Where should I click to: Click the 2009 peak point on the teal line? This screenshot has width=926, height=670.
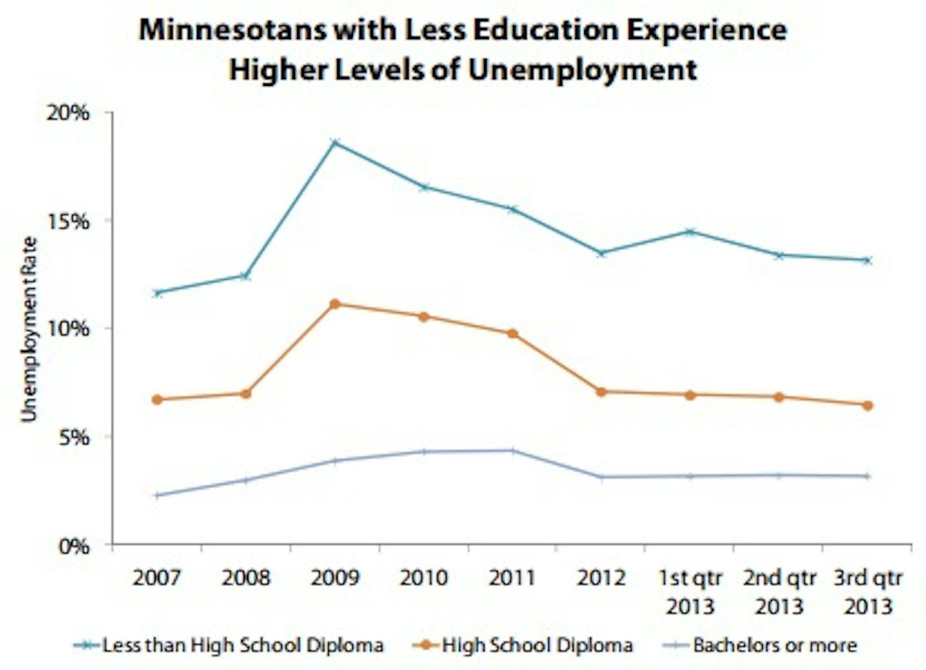click(x=336, y=142)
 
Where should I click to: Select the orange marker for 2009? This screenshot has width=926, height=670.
click(x=335, y=304)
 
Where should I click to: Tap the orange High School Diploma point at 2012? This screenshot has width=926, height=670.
click(x=601, y=392)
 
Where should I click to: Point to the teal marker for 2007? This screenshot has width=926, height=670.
click(x=158, y=293)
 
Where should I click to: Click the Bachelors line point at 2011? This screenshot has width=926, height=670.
click(x=512, y=451)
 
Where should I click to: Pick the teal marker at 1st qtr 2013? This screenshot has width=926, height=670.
click(x=690, y=232)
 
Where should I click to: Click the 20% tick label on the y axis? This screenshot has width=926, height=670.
click(x=68, y=113)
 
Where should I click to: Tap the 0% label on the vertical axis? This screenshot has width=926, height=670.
click(x=74, y=547)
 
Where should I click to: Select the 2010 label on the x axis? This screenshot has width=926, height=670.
click(x=424, y=578)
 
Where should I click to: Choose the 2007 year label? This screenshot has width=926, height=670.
click(x=157, y=578)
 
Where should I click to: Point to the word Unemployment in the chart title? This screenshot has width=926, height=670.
click(x=583, y=70)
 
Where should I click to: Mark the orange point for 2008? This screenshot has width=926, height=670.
click(x=246, y=394)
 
